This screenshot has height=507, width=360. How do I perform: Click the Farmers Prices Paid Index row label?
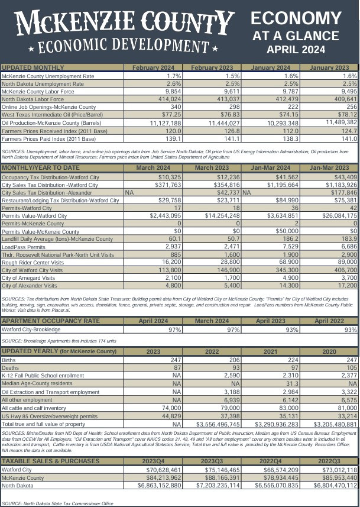coord(48,138)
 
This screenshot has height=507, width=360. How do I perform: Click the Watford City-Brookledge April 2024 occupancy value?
coord(174,329)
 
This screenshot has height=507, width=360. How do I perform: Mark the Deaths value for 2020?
coord(349,367)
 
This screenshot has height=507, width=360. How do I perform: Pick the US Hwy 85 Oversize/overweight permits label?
coord(49,416)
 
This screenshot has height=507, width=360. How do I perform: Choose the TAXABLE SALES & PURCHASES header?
coord(50,444)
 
